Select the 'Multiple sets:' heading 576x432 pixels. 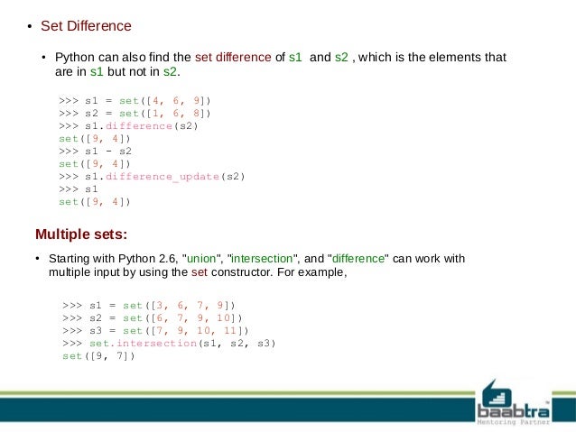coord(81,235)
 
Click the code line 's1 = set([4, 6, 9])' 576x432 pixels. coord(135,100)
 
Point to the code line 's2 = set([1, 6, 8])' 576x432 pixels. coord(135,114)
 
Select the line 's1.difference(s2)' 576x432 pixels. coord(128,126)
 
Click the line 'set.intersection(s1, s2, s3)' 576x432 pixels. coord(169,344)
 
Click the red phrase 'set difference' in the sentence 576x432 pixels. coord(233,57)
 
